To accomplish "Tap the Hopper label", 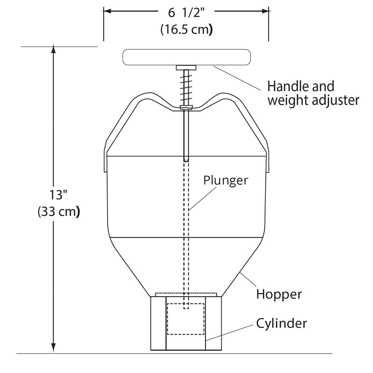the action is (x=279, y=295).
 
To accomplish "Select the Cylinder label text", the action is (x=281, y=323).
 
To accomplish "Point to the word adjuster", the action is (x=335, y=100).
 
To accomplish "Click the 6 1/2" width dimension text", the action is (x=186, y=13).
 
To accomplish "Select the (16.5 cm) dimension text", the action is (x=186, y=30).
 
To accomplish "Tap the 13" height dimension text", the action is (x=58, y=195).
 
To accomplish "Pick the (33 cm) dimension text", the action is (x=59, y=211).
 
